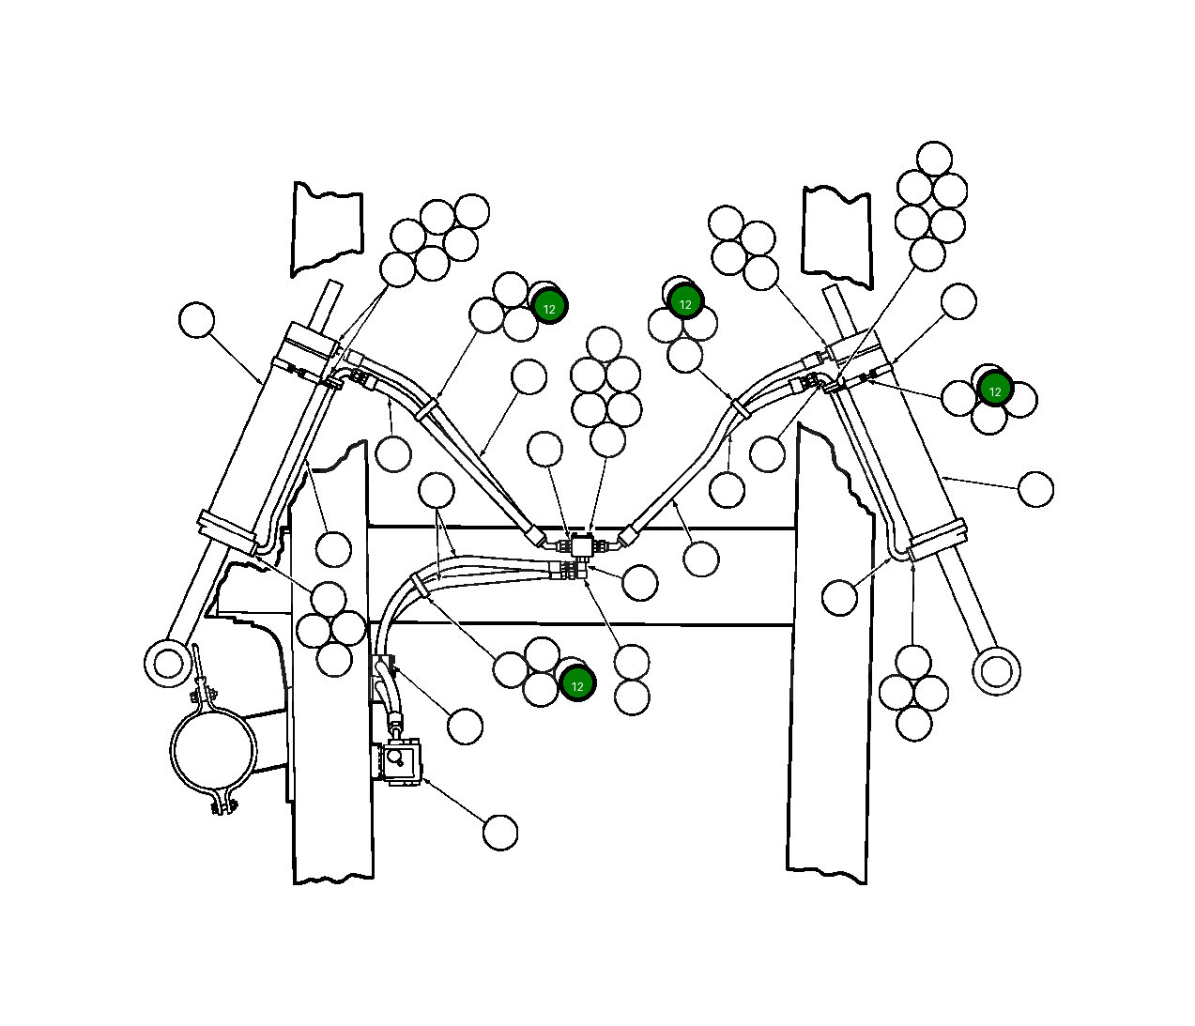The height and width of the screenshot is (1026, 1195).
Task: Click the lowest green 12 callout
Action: coord(577,685)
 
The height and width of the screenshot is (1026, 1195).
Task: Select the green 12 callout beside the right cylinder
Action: coord(995,391)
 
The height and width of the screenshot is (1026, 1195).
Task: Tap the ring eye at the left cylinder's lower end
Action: coord(168,663)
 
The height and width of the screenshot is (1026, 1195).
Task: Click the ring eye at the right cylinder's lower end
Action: coord(996,671)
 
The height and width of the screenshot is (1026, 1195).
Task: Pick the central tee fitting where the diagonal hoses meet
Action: coord(582,545)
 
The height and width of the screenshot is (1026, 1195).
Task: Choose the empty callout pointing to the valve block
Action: coord(500,833)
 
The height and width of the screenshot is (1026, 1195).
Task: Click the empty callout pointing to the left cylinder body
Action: coord(196,320)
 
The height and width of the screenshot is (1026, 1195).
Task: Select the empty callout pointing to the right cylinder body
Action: coord(1035,489)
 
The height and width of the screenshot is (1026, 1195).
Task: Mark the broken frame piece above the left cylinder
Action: coord(328,229)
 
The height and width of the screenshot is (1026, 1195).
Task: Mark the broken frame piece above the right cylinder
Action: coord(837,237)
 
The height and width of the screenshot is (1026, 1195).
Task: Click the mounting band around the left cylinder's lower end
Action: coord(227,532)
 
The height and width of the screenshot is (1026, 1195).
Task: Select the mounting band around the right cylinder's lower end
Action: coord(937,540)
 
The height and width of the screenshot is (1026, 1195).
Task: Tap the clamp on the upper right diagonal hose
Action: coord(742,407)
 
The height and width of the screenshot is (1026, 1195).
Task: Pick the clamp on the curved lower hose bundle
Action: coord(420,586)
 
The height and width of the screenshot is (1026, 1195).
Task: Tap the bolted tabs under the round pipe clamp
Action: coord(222,804)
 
